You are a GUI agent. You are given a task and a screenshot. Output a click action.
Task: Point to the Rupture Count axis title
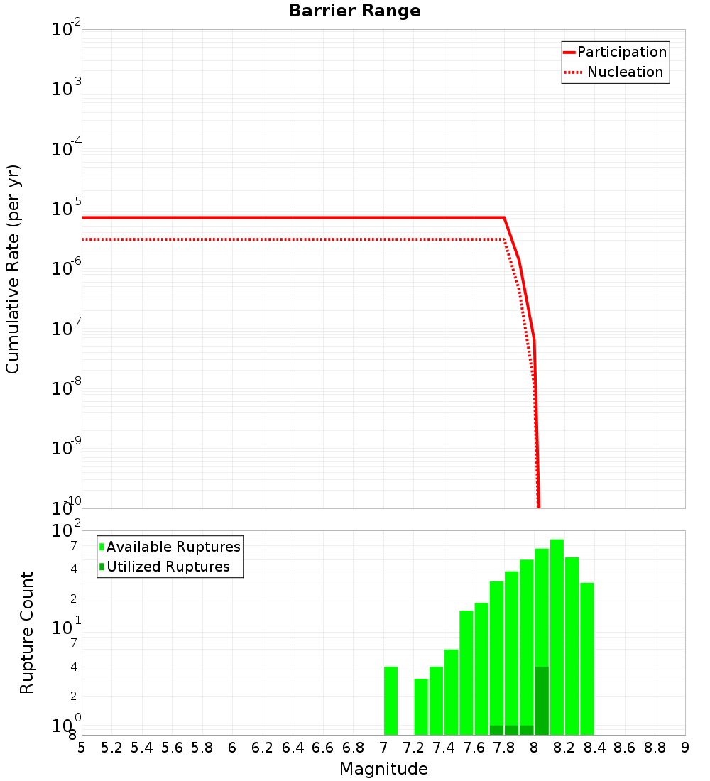27,633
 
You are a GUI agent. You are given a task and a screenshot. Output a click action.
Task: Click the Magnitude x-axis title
383,769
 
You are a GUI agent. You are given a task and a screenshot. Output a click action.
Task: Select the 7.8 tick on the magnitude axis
504,748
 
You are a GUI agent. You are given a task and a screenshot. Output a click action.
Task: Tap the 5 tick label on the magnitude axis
82,748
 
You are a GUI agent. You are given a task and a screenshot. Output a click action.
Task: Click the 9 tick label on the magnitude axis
685,748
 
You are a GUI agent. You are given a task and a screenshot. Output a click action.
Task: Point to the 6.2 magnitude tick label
263,748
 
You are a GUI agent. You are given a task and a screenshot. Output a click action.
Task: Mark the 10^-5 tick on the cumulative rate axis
67,209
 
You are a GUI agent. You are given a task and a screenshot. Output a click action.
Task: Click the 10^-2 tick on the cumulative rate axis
67,30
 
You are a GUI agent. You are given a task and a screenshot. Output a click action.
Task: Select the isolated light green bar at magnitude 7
390,701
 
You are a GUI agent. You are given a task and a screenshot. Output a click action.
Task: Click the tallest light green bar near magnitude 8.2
557,637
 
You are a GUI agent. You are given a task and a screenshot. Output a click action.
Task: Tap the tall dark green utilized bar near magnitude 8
542,701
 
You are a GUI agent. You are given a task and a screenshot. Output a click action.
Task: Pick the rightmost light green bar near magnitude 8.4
586,659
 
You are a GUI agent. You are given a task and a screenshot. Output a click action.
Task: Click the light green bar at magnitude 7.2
421,706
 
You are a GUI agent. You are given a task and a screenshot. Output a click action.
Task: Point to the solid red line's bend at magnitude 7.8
504,217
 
